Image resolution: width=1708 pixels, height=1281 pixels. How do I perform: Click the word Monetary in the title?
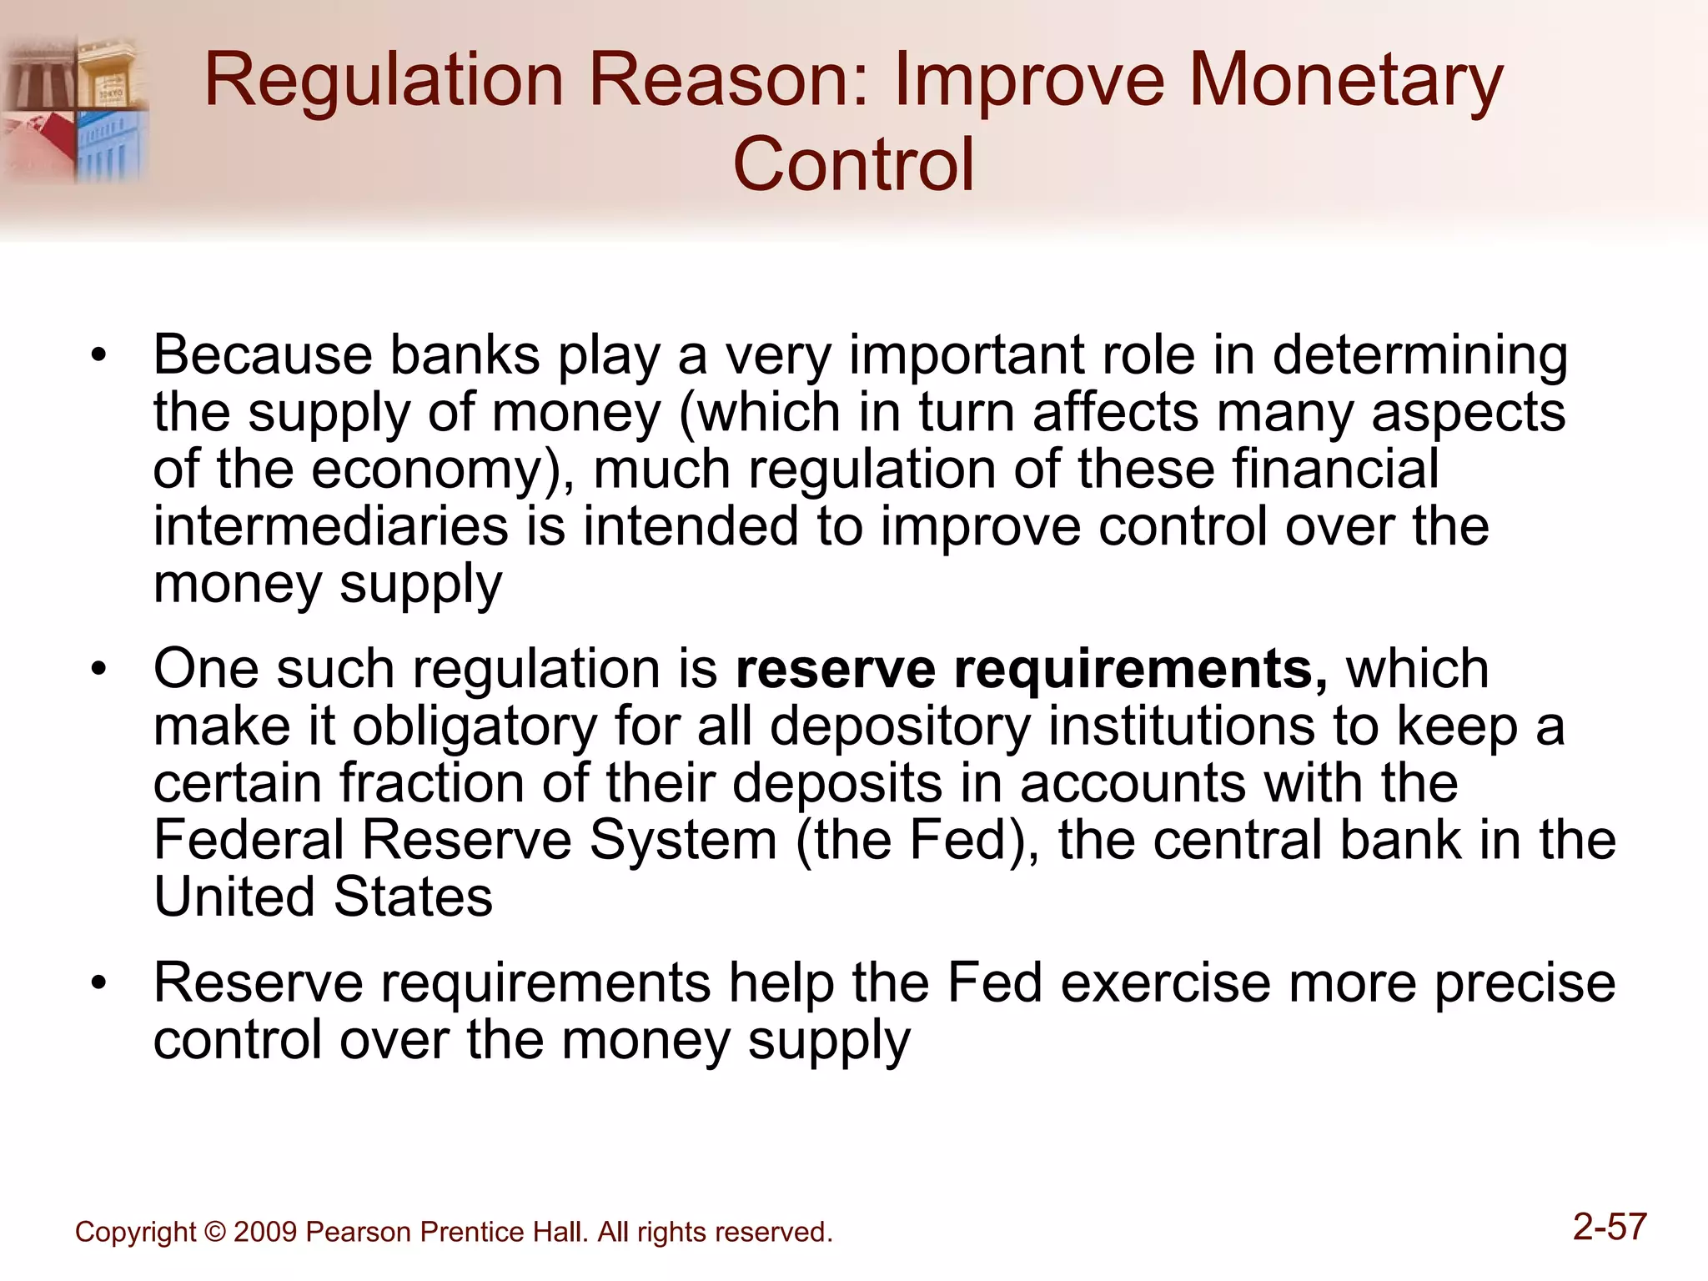pos(1344,81)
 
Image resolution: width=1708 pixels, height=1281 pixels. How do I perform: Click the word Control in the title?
pos(853,164)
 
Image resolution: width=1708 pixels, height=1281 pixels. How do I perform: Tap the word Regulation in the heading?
pos(384,81)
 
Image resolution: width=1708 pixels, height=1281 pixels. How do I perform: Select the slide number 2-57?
pos(1610,1227)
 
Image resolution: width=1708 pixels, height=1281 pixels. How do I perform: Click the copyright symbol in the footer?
pos(214,1232)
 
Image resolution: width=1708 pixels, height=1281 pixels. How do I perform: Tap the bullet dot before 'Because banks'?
pos(99,356)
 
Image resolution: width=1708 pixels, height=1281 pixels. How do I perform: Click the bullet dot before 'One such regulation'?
pos(99,670)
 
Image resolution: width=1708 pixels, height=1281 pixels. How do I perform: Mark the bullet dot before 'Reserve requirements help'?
pos(99,983)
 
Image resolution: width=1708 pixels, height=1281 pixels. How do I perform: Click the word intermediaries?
pos(330,526)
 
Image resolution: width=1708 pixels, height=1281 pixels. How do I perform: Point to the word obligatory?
pos(474,726)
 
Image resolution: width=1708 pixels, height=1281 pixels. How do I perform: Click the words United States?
pos(324,897)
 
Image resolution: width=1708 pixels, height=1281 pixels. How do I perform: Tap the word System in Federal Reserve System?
pos(683,840)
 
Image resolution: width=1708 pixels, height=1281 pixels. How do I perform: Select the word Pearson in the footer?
pos(359,1232)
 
